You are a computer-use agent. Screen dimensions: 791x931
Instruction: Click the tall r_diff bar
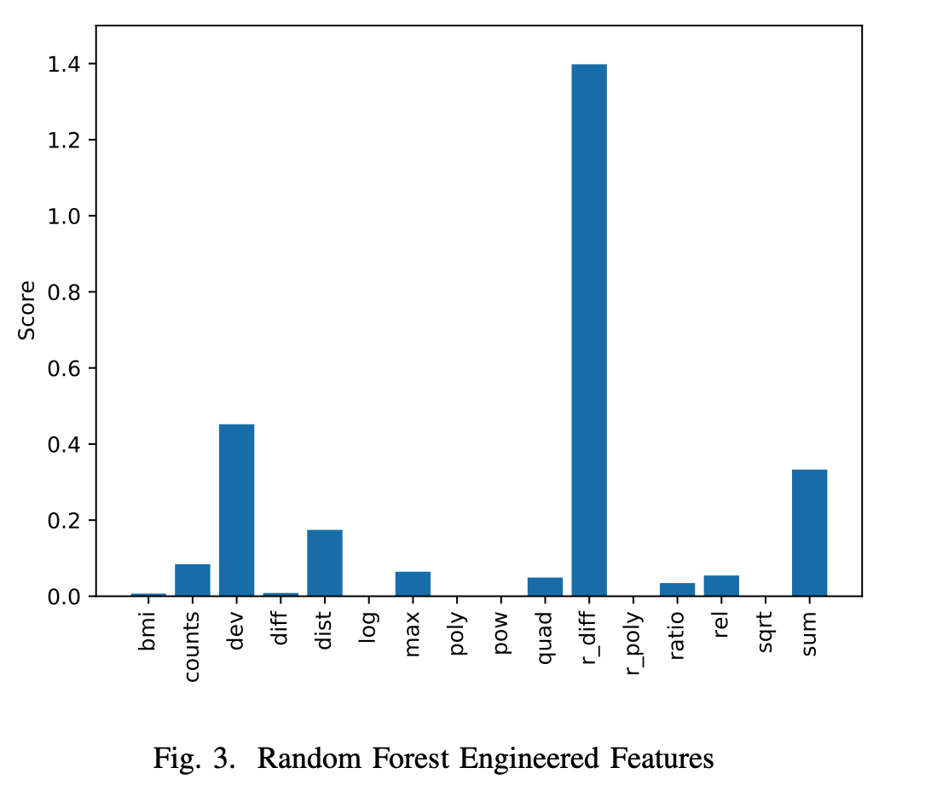point(589,330)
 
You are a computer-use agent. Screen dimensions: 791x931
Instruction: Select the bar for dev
point(236,510)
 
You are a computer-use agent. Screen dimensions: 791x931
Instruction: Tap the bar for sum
point(809,533)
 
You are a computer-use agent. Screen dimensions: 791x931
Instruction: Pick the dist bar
point(325,563)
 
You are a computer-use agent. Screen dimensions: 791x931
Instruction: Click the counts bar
point(193,580)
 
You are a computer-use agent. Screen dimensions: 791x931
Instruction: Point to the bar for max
point(413,584)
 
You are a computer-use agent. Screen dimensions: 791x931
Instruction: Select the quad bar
point(545,586)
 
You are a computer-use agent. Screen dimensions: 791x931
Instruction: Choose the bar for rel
point(721,586)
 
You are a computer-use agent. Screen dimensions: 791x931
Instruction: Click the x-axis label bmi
point(148,632)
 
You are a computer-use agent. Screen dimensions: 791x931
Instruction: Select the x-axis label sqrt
point(766,633)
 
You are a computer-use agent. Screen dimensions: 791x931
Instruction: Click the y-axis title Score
point(28,311)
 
